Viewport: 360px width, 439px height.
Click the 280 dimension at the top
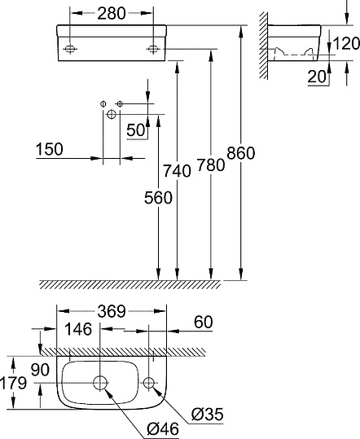point(112,13)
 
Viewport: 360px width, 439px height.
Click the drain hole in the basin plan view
point(101,383)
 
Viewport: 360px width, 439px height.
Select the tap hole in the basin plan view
point(151,382)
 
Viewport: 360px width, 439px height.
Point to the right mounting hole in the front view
point(153,50)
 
